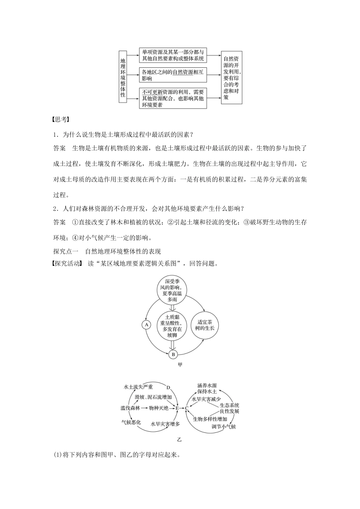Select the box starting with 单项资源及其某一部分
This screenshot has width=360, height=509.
click(x=173, y=55)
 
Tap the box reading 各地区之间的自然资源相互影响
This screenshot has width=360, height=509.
click(x=173, y=75)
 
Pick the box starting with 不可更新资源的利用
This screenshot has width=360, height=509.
click(x=173, y=98)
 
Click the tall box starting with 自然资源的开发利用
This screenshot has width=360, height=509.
click(x=231, y=78)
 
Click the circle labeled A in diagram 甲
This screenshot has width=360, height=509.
click(x=146, y=325)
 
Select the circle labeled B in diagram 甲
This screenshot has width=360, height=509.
click(x=173, y=354)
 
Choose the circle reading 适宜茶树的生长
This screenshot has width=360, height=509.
click(x=205, y=325)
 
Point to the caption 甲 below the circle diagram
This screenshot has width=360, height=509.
click(x=180, y=365)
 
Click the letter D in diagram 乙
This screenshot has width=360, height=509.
click(x=168, y=387)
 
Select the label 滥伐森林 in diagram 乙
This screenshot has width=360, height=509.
click(x=130, y=408)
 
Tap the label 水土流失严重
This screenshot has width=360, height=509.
click(x=138, y=387)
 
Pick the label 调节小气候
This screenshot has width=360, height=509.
click(x=224, y=427)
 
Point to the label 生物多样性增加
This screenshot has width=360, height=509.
click(x=210, y=419)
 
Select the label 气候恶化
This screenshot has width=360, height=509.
click(x=131, y=422)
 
